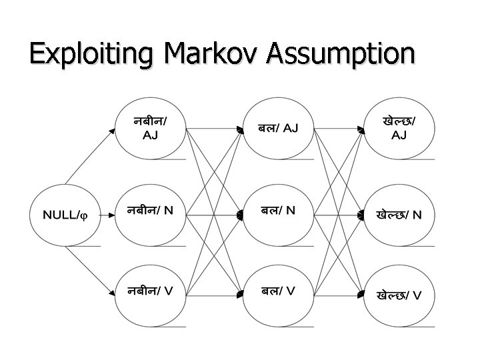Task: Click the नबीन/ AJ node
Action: pyautogui.click(x=151, y=129)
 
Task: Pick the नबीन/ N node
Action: pyautogui.click(x=151, y=212)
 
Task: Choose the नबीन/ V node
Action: pyautogui.click(x=151, y=291)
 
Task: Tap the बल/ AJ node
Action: pyautogui.click(x=278, y=129)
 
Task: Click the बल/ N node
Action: pyautogui.click(x=278, y=212)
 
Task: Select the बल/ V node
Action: pyautogui.click(x=278, y=291)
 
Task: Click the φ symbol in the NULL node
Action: pyautogui.click(x=93, y=215)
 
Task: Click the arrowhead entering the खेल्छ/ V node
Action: pyautogui.click(x=363, y=295)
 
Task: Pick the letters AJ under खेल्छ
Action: pyautogui.click(x=399, y=136)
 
